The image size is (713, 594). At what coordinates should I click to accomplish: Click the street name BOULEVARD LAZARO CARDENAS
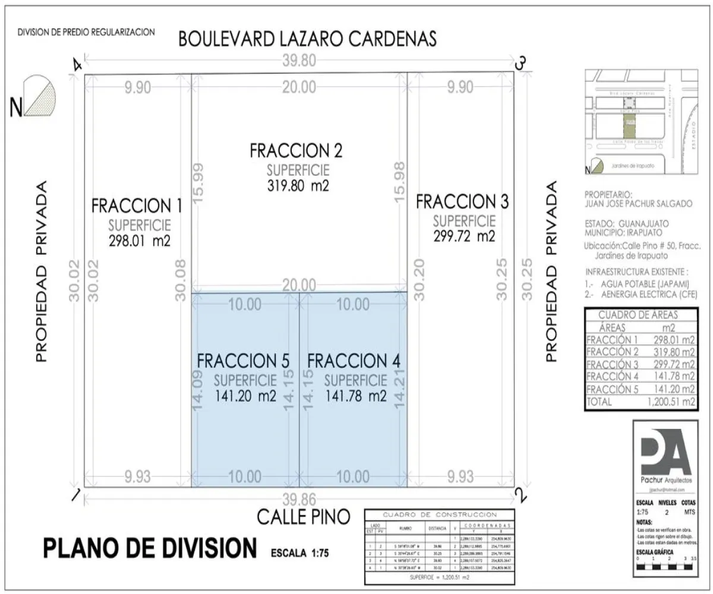coord(308,39)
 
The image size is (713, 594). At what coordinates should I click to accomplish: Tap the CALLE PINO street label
coord(303,517)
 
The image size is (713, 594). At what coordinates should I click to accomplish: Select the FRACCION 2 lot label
coord(296,150)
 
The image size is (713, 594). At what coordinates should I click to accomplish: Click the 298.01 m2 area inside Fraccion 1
coord(140,241)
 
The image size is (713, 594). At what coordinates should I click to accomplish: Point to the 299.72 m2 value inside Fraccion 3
coord(464,236)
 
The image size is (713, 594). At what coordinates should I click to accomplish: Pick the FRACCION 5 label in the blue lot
coord(243,361)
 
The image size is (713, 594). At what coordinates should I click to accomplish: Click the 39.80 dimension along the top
coord(299,60)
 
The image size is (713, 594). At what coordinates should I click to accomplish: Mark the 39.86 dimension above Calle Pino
coord(299,498)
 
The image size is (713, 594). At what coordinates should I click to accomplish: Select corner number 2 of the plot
coord(520,494)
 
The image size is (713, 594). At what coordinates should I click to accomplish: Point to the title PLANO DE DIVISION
coord(149,548)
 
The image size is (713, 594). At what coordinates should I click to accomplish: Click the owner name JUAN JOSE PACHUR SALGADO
coord(638,204)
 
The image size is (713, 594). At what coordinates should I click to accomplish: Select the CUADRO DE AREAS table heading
coord(638,315)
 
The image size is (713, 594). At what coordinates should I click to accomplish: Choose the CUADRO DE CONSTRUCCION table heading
coord(440,514)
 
